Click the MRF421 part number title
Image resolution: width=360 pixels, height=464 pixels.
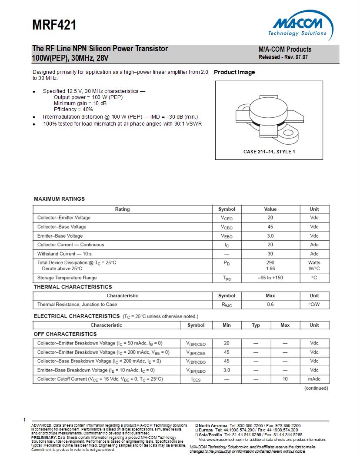coord(54,26)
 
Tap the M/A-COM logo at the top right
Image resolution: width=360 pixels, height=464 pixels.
coord(300,27)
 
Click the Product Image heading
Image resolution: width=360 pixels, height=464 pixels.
coord(234,73)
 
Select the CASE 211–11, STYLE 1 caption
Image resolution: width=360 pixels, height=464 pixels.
coord(269,152)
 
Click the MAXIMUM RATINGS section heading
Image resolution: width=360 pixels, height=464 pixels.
coord(59,199)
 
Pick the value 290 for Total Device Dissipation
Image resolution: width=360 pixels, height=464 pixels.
coord(270,262)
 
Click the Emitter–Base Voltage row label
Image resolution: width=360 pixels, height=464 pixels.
coord(60,236)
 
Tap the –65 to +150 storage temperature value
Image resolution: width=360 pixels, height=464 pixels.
coord(270,278)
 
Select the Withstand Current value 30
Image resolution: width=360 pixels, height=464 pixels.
coord(270,254)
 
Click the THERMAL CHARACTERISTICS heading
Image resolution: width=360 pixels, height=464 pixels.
coord(73,287)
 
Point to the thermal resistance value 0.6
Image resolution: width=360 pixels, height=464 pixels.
coord(270,305)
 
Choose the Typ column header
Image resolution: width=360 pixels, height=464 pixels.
coord(256,325)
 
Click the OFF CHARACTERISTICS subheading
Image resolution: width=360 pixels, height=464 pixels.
coord(65,334)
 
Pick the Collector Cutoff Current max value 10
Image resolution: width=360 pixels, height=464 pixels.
coord(285,379)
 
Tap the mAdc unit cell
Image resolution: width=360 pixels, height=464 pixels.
coord(314,379)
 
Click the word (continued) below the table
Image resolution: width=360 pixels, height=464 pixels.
coord(316,388)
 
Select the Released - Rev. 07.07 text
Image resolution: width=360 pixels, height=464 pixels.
coord(283,57)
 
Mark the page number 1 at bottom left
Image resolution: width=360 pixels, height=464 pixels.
coord(24,420)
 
